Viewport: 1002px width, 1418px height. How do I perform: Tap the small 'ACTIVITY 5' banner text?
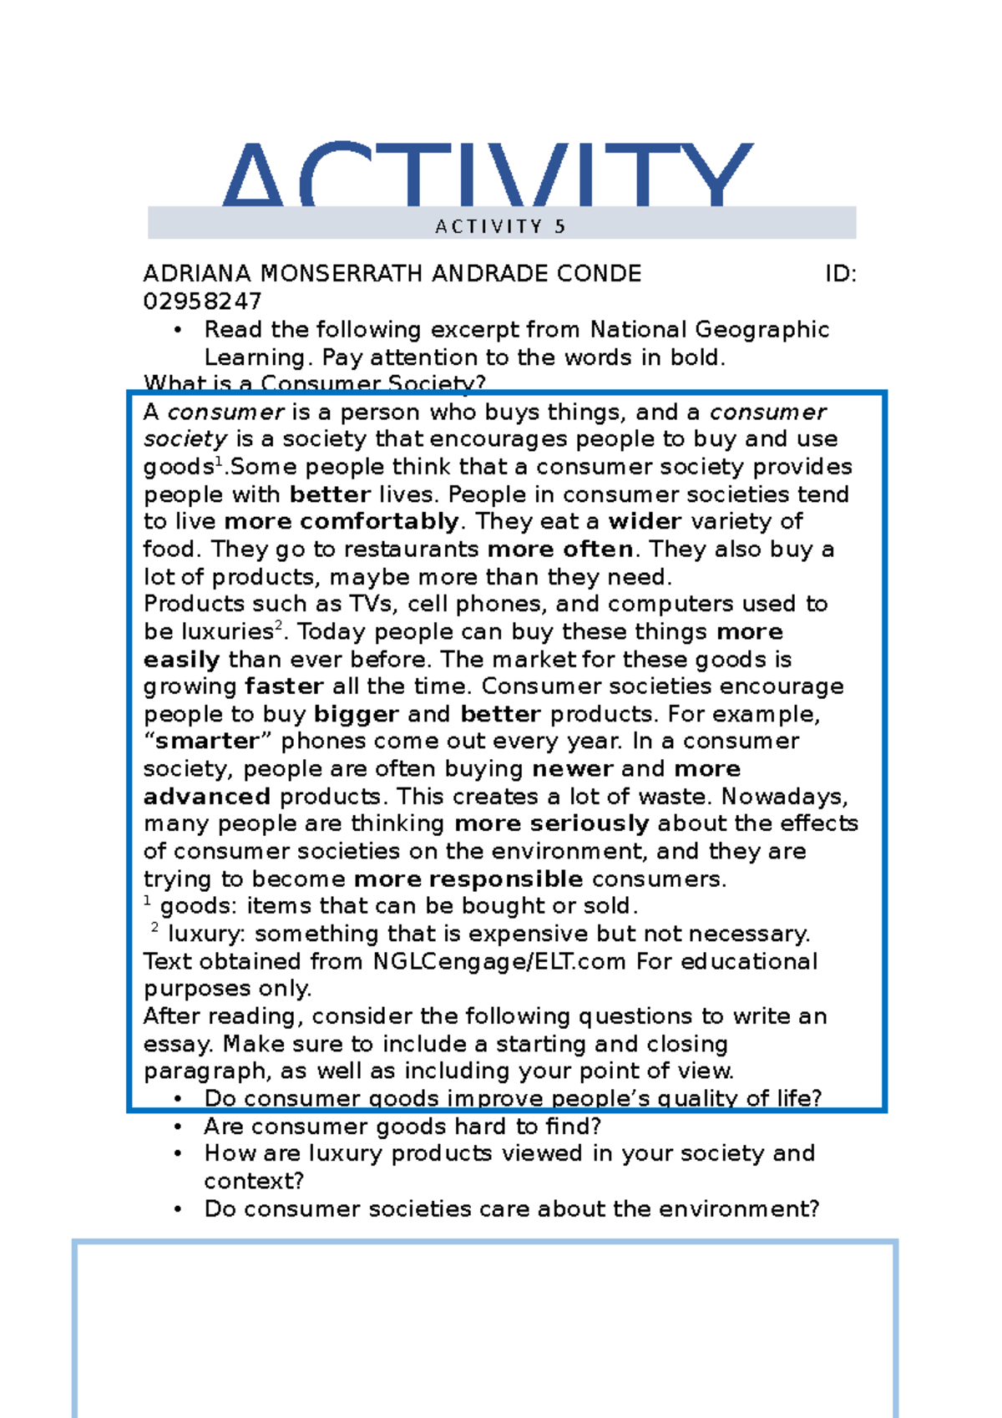pos(501,226)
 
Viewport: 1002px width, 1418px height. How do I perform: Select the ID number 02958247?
pos(203,301)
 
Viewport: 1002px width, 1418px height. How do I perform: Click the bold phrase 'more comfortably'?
pos(342,522)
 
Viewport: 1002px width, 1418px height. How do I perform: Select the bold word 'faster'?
pos(284,686)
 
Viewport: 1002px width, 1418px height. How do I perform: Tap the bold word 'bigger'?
pos(357,714)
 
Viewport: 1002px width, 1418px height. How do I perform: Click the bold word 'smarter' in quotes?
pos(208,742)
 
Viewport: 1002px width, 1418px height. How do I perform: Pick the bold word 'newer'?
pos(573,769)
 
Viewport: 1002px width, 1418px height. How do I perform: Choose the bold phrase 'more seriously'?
pos(552,824)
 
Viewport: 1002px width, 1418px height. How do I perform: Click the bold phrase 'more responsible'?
pos(468,879)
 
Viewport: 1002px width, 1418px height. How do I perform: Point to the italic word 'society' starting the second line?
pos(185,439)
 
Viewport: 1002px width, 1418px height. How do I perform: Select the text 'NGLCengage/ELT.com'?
pos(499,962)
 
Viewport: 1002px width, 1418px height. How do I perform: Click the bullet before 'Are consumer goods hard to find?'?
pos(178,1127)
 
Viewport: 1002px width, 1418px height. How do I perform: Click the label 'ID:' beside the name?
pos(840,274)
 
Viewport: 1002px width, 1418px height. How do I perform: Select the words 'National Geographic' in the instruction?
pos(710,330)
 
